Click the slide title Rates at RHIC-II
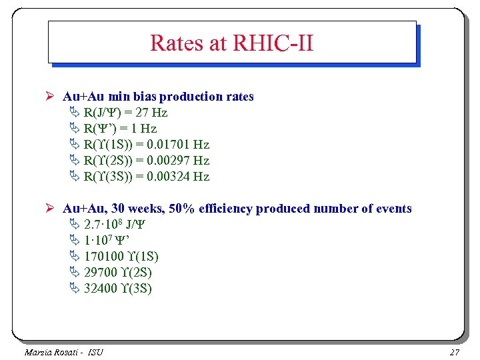pos(232,43)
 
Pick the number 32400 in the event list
pos(101,289)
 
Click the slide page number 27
pos(455,352)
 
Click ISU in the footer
pos(95,352)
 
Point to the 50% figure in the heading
pos(181,209)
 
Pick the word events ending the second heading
pos(393,209)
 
